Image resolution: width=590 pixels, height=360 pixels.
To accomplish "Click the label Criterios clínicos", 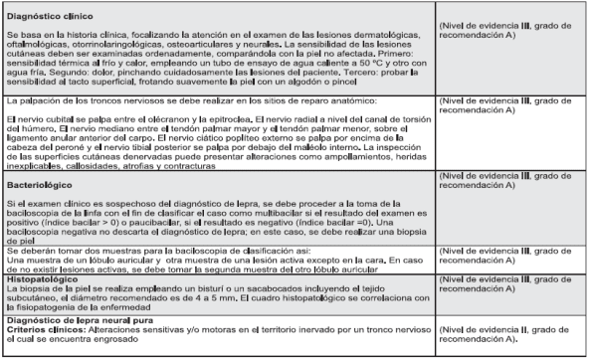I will (41, 331).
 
